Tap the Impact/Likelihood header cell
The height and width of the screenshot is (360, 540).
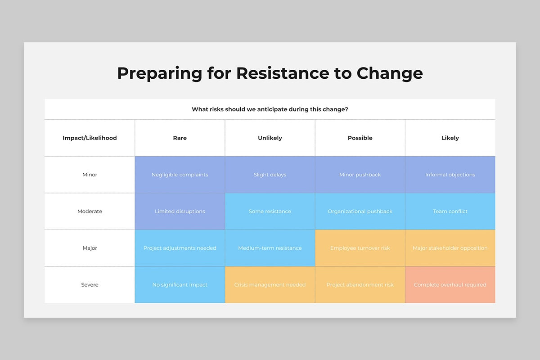tap(90, 138)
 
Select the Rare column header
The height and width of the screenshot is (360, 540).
tap(180, 138)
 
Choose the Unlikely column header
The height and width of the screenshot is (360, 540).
tap(270, 138)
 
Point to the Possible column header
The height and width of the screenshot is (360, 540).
tap(360, 138)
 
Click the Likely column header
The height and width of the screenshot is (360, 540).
tap(450, 138)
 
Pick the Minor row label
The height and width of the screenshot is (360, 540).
tap(90, 175)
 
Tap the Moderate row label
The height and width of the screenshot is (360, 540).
tap(90, 211)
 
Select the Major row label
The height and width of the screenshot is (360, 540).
tap(90, 248)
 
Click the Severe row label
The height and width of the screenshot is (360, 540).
tap(90, 285)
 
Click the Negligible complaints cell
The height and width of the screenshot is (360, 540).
tap(180, 175)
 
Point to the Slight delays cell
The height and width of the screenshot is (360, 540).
tap(270, 175)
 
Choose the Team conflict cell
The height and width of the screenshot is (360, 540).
tap(450, 211)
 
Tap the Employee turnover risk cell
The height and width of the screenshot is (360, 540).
tap(360, 248)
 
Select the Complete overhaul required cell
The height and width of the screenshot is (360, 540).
tap(450, 285)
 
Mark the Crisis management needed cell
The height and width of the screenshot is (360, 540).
tap(270, 285)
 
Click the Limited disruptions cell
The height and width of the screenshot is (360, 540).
tap(180, 211)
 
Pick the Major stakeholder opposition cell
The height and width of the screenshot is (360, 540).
tap(450, 248)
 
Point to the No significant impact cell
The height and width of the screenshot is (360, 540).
tap(180, 285)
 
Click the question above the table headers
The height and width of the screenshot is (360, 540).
tap(270, 109)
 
